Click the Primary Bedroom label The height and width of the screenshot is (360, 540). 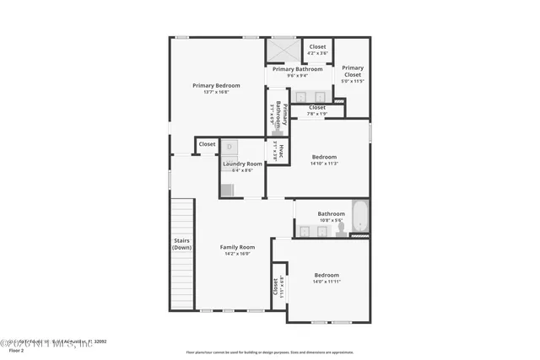coord(216,85)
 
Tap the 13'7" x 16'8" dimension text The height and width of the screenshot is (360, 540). coord(216,93)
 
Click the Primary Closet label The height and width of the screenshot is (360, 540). coord(353,71)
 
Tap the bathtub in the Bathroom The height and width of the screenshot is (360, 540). coord(359,217)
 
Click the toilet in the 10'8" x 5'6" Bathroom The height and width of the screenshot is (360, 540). coord(341,228)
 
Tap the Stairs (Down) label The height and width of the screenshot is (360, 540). coord(182,244)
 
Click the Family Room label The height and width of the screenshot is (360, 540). coord(237,247)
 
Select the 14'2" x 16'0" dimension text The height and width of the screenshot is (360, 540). coord(237,255)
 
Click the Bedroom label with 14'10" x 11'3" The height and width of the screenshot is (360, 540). coord(324,157)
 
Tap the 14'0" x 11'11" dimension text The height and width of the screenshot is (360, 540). coord(327,282)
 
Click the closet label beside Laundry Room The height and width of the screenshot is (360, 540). coord(207,144)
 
